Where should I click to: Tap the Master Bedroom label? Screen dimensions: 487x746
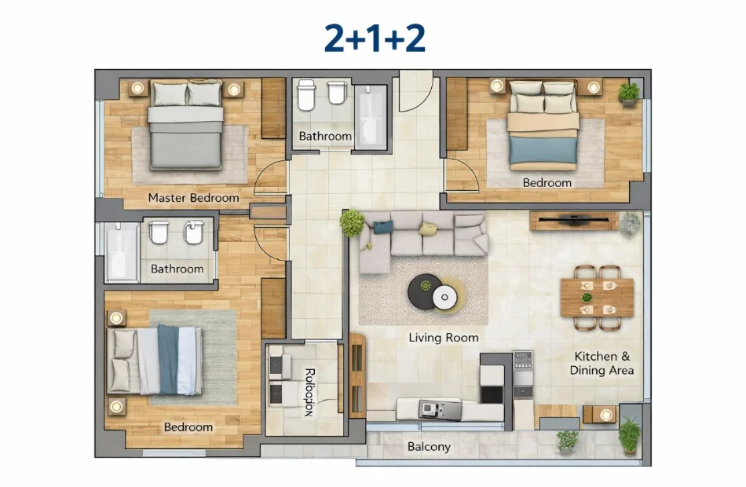(x=193, y=198)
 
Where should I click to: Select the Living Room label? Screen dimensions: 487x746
(x=443, y=338)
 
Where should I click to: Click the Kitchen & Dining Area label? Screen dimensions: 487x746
(x=602, y=363)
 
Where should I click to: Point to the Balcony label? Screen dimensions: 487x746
(x=429, y=447)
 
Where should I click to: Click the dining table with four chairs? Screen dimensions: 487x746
(x=597, y=298)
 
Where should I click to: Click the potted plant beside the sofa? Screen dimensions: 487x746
(x=352, y=223)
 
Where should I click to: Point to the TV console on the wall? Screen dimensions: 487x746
(x=573, y=221)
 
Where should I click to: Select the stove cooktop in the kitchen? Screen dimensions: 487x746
(x=522, y=361)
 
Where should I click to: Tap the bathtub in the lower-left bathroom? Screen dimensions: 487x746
(x=122, y=251)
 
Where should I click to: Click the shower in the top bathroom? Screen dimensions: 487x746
(x=371, y=116)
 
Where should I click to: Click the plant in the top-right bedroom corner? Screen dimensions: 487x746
(x=628, y=93)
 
